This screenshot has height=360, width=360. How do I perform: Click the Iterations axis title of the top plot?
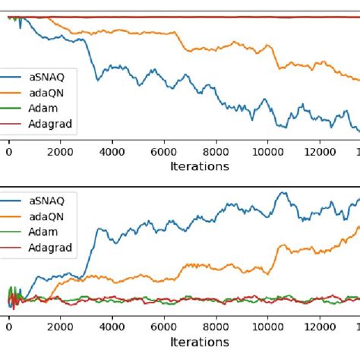[199, 166]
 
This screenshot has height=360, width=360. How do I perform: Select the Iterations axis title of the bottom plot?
[199, 343]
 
